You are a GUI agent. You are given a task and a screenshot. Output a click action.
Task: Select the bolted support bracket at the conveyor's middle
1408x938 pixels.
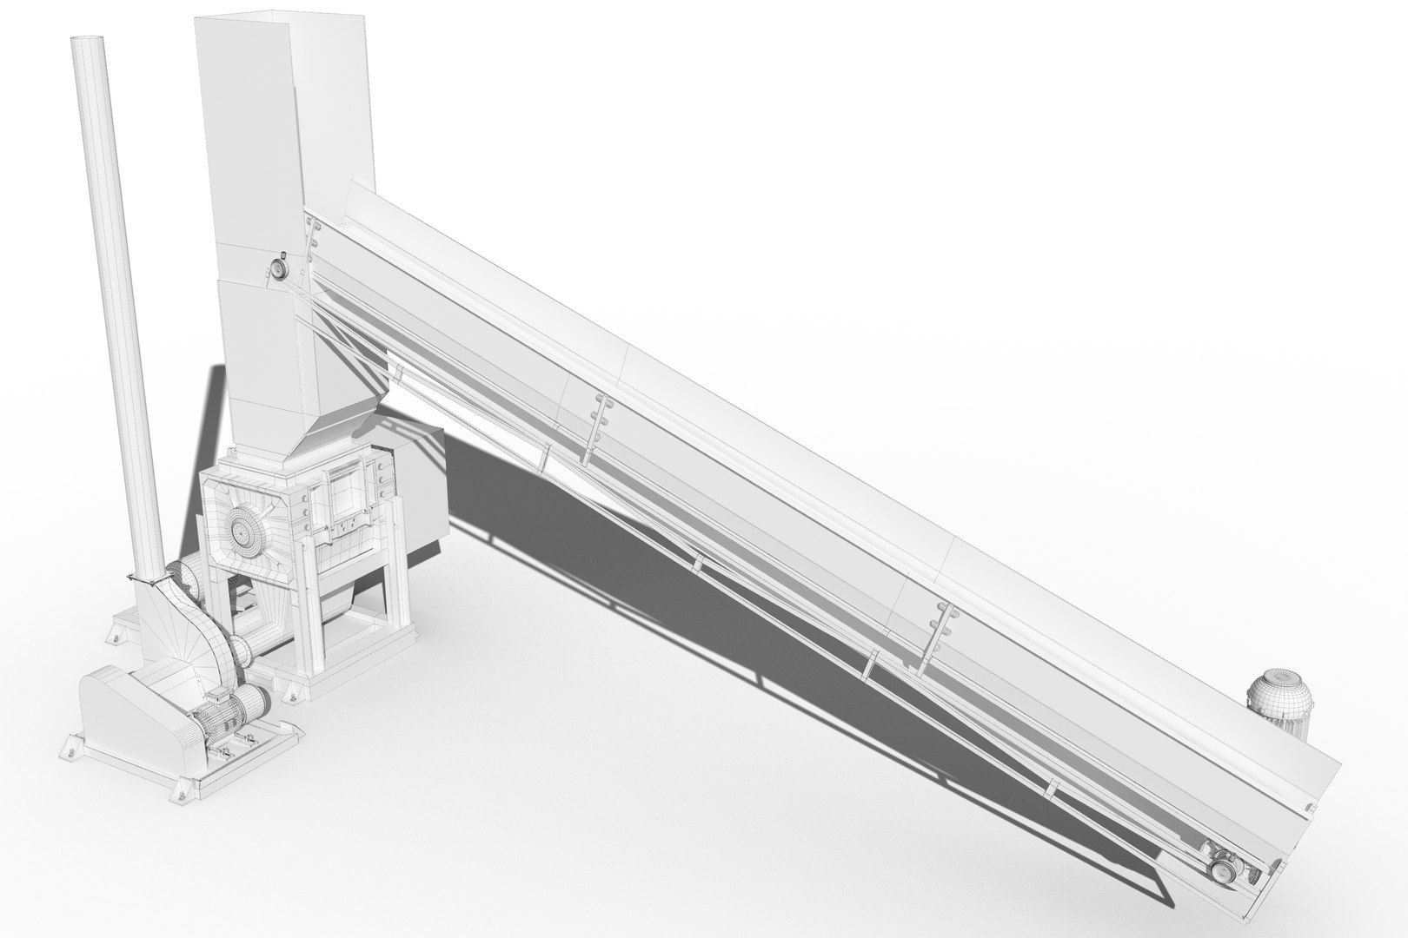(x=596, y=426)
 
